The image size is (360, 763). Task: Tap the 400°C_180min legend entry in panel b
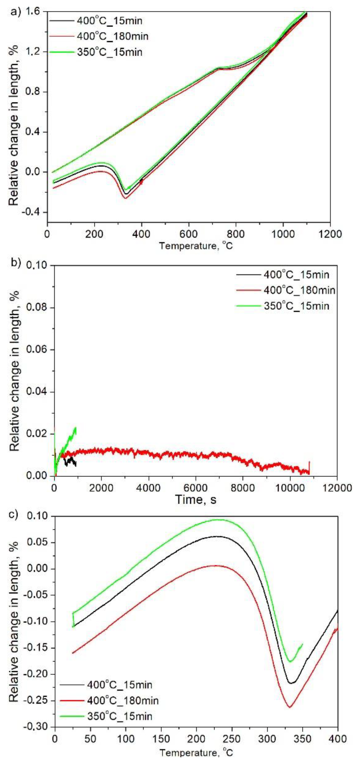[299, 290]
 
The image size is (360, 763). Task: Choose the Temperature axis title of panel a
[196, 246]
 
